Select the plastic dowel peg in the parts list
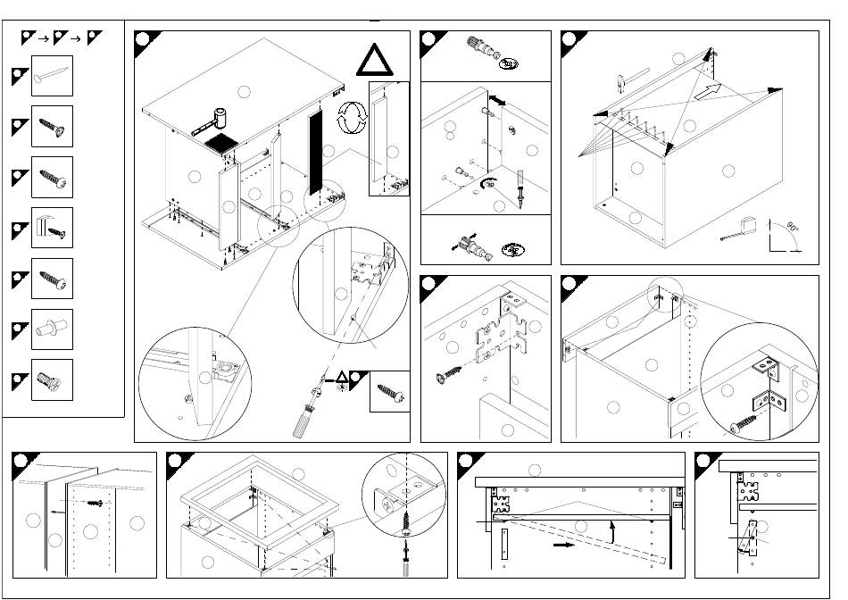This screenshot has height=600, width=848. pos(51,329)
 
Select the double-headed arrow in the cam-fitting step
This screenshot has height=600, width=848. pos(498,103)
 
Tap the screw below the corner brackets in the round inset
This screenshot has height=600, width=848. pos(744,423)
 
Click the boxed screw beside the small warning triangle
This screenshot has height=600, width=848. pos(390,391)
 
